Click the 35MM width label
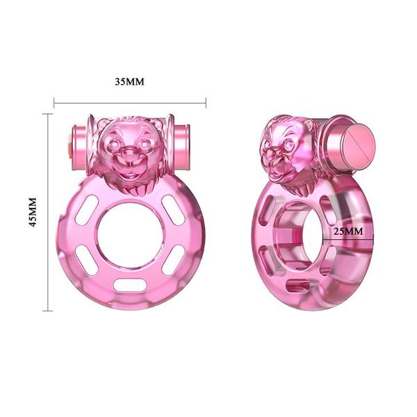click(x=129, y=81)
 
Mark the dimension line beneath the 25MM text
click(x=347, y=240)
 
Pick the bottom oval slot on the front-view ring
click(x=129, y=285)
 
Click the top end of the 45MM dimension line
click(x=49, y=113)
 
